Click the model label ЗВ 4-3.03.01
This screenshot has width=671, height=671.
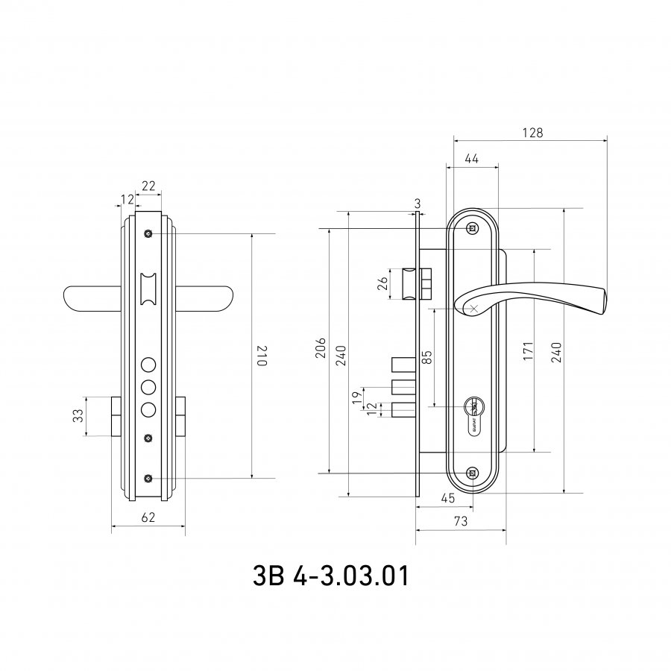331,576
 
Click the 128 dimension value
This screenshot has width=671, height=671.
532,133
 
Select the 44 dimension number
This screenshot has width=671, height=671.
471,159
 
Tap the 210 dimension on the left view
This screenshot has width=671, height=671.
261,356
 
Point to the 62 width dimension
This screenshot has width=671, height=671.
148,517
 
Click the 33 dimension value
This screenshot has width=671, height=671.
78,415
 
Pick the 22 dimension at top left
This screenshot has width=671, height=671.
148,186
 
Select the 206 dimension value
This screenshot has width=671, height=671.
321,348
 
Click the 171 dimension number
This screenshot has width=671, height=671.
529,350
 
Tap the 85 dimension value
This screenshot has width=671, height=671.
426,357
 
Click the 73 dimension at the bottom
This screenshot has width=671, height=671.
461,521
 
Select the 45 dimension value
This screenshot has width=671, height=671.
447,498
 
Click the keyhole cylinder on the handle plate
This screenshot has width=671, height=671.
473,418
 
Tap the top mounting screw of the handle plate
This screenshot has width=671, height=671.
472,229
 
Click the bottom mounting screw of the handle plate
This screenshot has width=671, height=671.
472,473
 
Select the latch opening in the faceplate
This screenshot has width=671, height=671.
148,289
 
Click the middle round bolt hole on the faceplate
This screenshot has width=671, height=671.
148,387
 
